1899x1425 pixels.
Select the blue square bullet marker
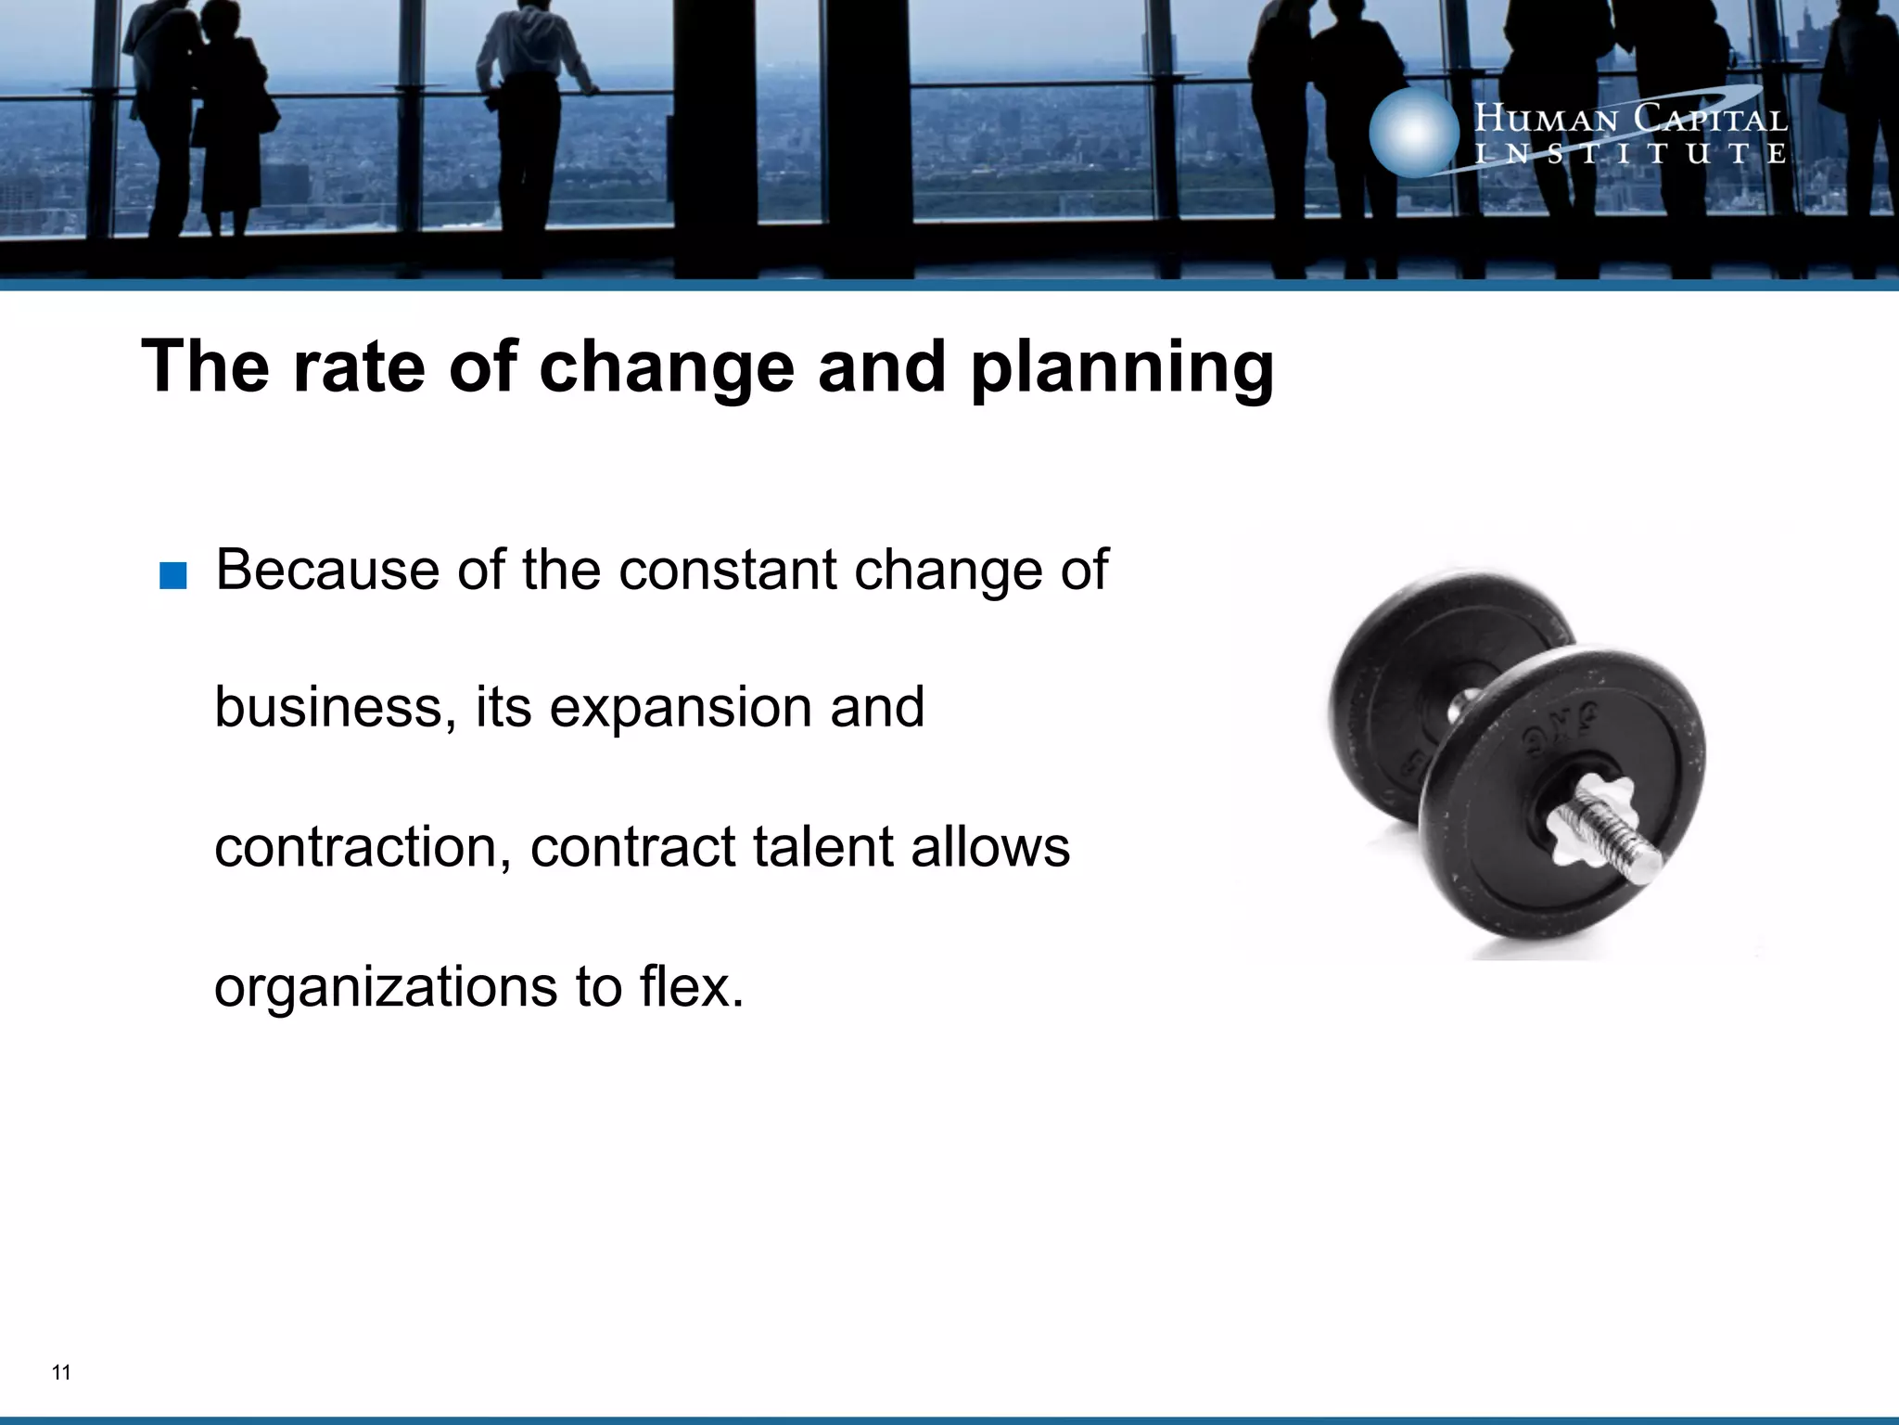pos(173,576)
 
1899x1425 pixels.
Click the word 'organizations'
pos(386,986)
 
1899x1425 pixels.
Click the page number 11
pos(61,1373)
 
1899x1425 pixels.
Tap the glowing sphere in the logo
pos(1413,132)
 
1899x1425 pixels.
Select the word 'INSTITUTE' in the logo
pos(1630,154)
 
